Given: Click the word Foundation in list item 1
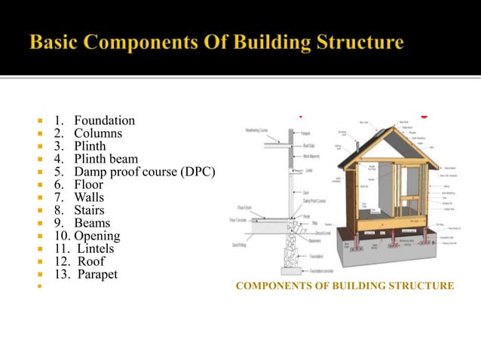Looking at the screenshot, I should coord(105,121).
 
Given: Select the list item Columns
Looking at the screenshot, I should coord(97,133).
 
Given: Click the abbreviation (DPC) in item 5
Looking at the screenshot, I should coord(198,172).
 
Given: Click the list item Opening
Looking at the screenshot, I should coord(96,236).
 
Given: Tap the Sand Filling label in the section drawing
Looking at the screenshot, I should coord(239,246).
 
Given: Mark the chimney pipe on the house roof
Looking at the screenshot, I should coord(363,130).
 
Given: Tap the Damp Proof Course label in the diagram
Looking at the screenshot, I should coord(314,201).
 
